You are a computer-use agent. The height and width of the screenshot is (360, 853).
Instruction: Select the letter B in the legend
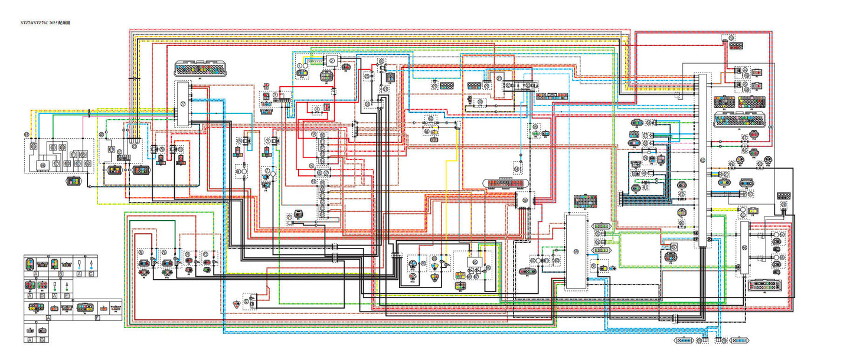60,274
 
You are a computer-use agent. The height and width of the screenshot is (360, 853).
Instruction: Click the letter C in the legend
90,274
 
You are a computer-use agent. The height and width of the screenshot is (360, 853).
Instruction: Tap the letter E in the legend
67,295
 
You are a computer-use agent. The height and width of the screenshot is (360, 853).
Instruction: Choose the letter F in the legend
97,318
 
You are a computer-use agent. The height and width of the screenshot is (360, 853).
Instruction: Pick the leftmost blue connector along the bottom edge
683,341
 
